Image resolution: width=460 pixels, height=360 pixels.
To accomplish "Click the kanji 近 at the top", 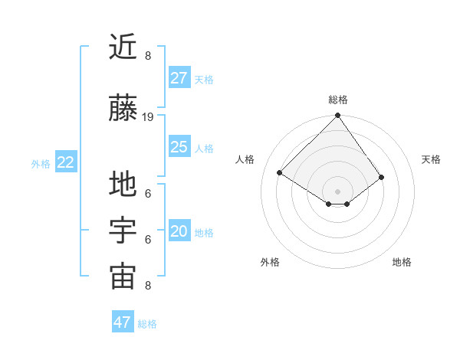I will coord(123,47).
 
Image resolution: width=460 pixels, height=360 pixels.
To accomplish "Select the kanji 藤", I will coord(123,108).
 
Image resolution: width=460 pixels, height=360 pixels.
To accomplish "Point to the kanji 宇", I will coord(123,231).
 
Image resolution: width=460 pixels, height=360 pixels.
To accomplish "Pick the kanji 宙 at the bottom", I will coord(123,277).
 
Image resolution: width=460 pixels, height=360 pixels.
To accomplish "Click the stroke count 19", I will coord(148,117).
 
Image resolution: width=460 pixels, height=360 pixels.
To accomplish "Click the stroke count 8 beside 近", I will coord(148,56).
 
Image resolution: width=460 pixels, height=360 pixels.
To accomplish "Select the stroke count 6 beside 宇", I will coord(148,240).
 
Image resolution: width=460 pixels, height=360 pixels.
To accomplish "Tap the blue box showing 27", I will coord(179,77).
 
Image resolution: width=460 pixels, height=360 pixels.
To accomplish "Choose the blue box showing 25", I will coord(179,146).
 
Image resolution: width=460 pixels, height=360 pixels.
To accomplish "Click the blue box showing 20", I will coord(179,231).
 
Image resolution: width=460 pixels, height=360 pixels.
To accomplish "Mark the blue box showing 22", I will coord(66,162).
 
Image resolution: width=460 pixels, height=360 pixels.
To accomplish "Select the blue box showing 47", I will coord(123,322).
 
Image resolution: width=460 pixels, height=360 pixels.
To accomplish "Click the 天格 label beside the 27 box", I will coord(204,80).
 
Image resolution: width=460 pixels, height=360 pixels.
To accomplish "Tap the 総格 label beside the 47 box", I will coord(147,325).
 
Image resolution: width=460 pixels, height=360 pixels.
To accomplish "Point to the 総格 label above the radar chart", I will coord(338,100).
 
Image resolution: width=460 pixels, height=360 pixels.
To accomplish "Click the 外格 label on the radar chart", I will coord(270,262).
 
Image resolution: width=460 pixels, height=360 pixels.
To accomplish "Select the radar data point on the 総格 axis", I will coord(338,116).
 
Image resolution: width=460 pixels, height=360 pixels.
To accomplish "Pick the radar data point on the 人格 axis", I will coord(280,173).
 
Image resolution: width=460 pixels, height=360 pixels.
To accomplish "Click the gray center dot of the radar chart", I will coord(338,191).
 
